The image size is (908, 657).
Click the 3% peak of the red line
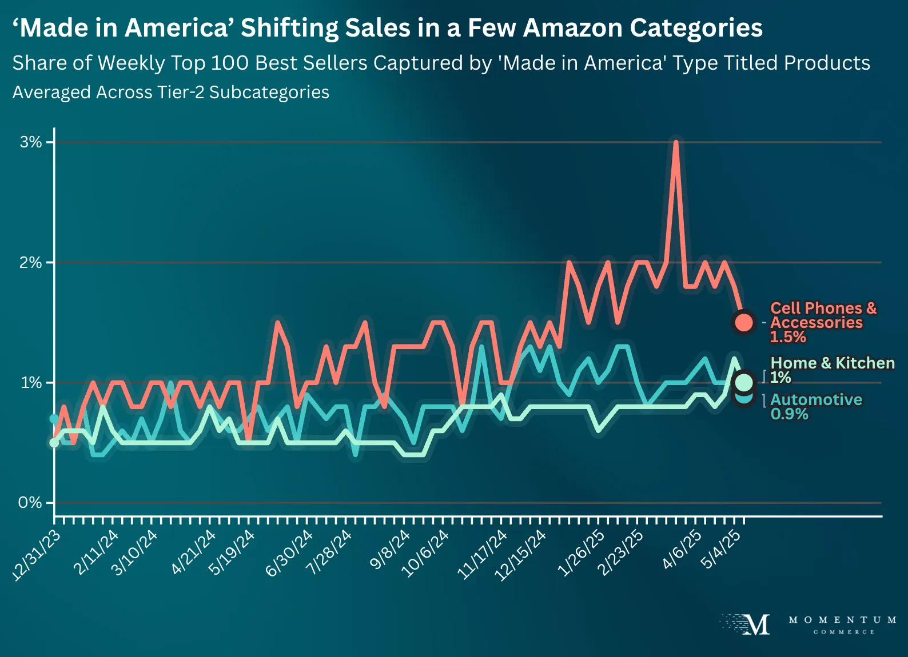[676, 142]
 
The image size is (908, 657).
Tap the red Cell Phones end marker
[743, 322]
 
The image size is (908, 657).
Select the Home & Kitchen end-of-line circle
[744, 382]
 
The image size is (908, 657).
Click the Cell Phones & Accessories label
[822, 315]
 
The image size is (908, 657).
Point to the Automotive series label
[816, 399]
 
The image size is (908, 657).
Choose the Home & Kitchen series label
[833, 363]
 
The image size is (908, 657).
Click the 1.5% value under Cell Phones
[787, 337]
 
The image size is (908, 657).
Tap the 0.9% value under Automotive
[789, 414]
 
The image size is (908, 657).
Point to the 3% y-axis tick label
[31, 142]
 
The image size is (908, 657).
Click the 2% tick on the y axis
[31, 263]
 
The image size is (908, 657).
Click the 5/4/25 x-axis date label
[721, 549]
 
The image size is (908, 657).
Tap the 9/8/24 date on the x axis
[390, 550]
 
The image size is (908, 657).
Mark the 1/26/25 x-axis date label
[580, 552]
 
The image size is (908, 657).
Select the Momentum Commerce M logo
[754, 624]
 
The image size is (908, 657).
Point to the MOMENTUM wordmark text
[842, 620]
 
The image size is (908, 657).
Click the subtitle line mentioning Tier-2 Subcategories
[170, 92]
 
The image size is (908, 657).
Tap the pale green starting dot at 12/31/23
[54, 442]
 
